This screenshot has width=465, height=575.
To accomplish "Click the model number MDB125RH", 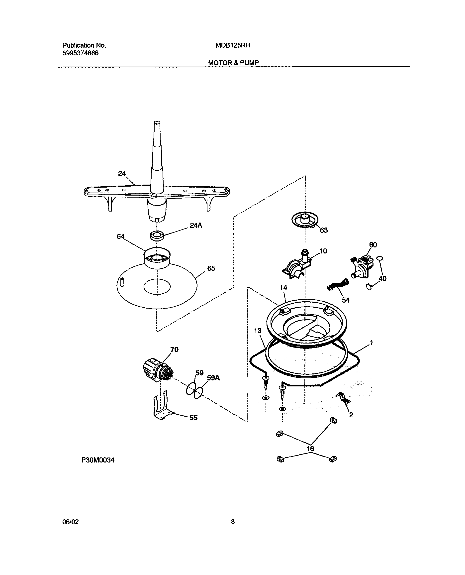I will [x=233, y=45].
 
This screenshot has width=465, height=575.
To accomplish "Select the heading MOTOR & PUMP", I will [x=233, y=63].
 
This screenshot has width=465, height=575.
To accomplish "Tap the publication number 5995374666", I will [x=80, y=53].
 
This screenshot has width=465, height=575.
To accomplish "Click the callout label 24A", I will [x=196, y=226].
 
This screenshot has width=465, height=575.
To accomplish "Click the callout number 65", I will [x=211, y=268].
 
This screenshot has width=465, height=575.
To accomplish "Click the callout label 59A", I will [x=213, y=378].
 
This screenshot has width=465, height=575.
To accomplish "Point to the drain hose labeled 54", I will [x=338, y=285].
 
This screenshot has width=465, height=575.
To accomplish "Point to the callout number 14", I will [x=283, y=288].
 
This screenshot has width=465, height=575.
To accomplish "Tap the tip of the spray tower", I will [x=158, y=123].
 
